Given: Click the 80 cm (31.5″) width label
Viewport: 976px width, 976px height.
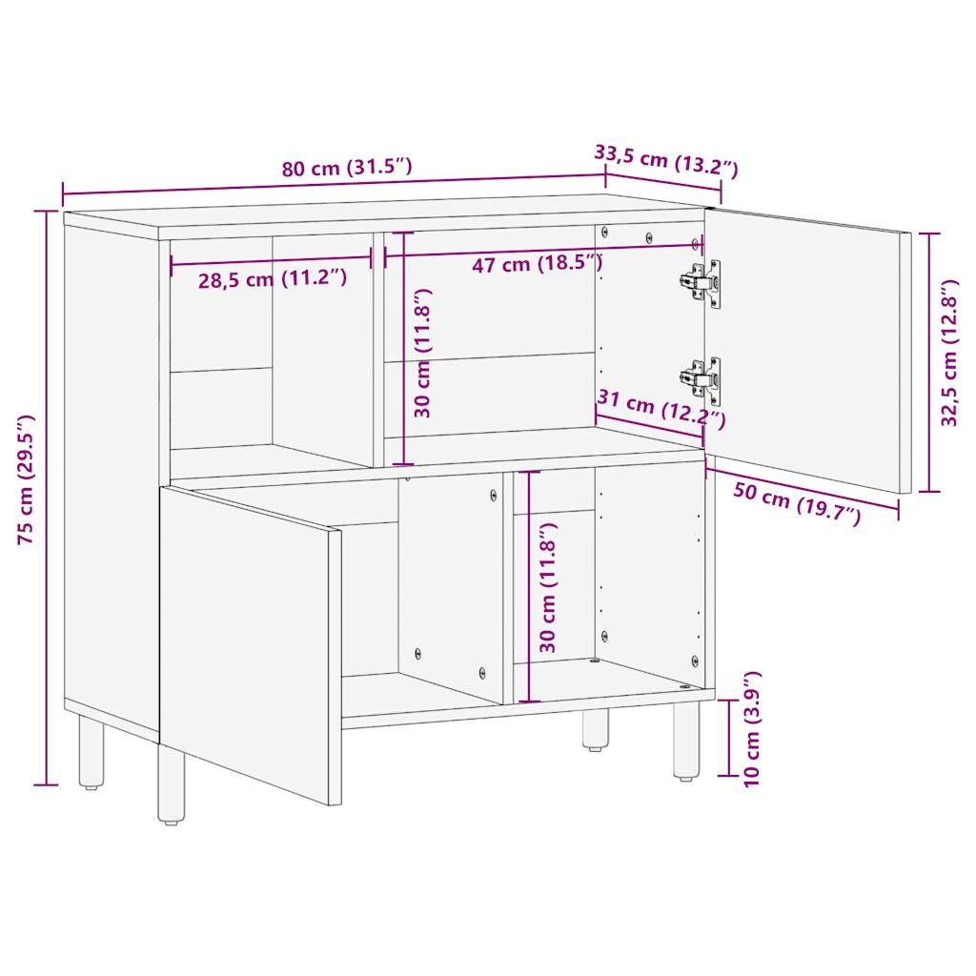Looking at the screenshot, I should [347, 169].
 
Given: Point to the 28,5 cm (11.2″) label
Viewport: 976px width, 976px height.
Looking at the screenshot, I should [272, 279].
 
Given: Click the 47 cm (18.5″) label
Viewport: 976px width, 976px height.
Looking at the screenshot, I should [537, 264].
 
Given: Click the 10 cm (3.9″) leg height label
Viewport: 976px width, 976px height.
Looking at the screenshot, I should [753, 729].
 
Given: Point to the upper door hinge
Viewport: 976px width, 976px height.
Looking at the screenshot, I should [701, 282].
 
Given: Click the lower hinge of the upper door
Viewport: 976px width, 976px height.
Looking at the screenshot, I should [701, 379].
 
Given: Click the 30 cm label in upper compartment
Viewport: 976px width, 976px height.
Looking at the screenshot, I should [423, 354].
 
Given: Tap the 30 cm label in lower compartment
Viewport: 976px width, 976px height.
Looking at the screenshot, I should [547, 587].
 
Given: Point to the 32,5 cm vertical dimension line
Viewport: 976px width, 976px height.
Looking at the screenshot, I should [930, 362].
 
